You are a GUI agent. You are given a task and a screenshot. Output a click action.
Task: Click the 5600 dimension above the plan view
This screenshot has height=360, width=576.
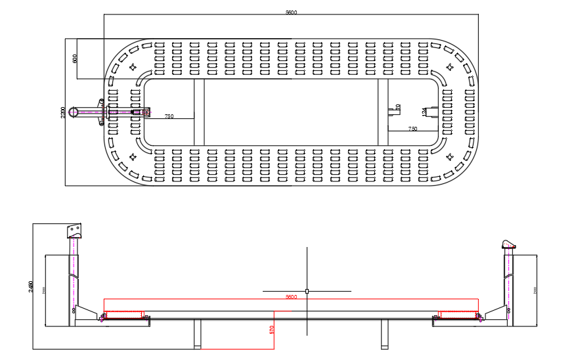coord(291,12)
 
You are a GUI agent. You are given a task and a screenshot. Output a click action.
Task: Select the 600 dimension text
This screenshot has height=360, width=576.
coord(75,58)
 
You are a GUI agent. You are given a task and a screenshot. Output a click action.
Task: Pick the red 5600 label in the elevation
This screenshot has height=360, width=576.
coord(291,297)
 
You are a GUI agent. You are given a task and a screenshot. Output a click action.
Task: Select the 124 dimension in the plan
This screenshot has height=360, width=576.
coord(424,112)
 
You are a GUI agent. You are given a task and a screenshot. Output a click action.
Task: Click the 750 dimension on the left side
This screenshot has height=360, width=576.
coord(169,116)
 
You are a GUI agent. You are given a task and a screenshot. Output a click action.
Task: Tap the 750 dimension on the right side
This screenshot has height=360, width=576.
coord(412,129)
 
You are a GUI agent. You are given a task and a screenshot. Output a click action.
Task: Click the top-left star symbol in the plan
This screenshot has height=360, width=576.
coord(133,66)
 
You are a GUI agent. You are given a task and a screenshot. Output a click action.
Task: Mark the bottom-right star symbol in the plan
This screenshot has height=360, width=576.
coord(451,156)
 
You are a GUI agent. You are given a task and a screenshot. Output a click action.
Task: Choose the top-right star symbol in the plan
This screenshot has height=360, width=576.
coord(451,66)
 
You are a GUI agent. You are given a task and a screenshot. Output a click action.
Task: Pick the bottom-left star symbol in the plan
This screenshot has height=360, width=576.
coord(133,156)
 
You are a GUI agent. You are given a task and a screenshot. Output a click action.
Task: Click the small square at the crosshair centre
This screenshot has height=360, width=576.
coord(307,290)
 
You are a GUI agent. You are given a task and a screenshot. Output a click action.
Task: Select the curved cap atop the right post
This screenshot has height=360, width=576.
coord(508,245)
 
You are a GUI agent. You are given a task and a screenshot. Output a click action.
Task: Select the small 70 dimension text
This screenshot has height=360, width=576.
coord(398,107)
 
